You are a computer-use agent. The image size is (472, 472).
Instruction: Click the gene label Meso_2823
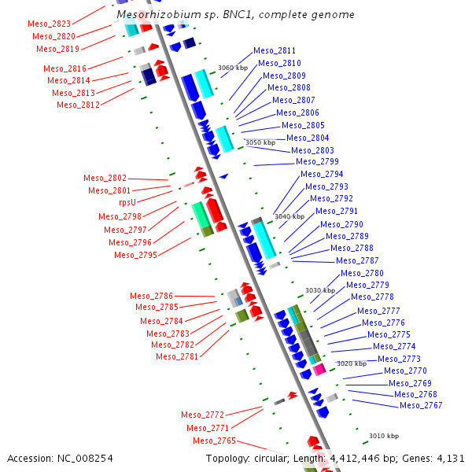(49, 24)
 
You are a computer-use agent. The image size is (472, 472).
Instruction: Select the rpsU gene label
(127, 202)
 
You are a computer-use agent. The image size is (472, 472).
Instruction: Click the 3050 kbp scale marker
(260, 142)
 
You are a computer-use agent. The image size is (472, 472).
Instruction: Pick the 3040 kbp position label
(289, 216)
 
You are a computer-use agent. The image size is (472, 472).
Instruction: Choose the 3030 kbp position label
(319, 290)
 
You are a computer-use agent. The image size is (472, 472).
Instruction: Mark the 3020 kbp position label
(351, 363)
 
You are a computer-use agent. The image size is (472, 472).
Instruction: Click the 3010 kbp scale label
(383, 436)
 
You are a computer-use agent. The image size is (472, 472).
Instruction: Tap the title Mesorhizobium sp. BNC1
(234, 15)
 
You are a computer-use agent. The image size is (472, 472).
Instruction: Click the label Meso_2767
(421, 406)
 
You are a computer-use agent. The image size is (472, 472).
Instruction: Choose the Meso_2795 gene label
(135, 255)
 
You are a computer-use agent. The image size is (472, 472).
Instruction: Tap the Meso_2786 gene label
(151, 296)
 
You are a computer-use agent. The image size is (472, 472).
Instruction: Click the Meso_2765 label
(214, 441)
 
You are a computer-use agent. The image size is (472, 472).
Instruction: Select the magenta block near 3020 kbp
(319, 369)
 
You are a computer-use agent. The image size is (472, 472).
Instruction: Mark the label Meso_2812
(78, 105)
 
